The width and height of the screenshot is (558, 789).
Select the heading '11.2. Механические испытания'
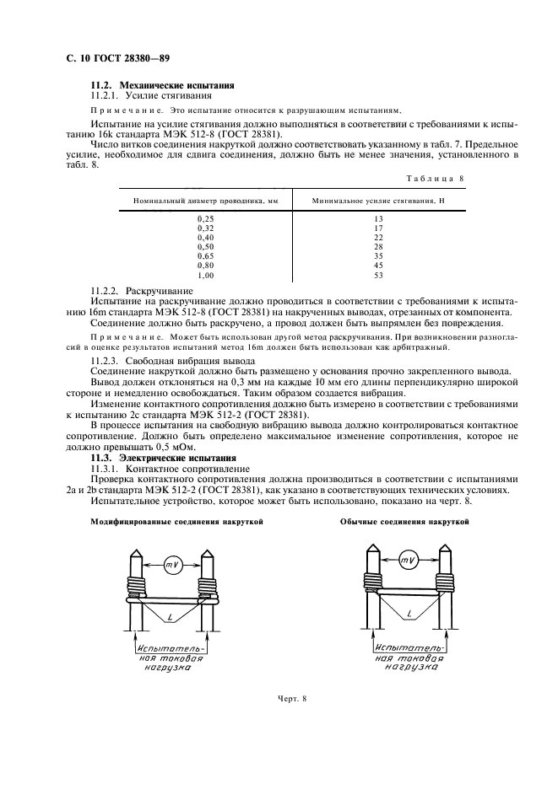[x=162, y=86]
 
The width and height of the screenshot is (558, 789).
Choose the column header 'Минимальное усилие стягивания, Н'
[x=377, y=201]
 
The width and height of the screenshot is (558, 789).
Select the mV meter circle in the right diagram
[x=408, y=561]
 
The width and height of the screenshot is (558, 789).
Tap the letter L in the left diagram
[x=171, y=619]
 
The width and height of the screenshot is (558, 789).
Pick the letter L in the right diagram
[x=409, y=616]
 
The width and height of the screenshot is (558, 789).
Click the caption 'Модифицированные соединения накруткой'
[x=176, y=522]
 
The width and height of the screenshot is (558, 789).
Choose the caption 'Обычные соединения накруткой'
[x=404, y=522]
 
